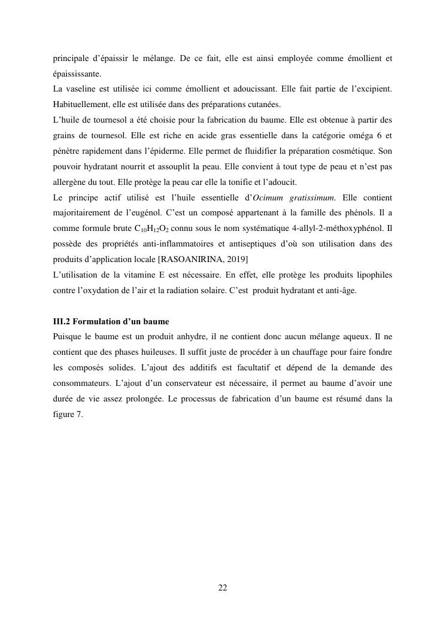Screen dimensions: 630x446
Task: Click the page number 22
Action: [x=223, y=588]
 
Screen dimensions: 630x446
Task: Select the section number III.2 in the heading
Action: [x=63, y=322]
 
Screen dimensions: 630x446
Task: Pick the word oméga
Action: [x=359, y=136]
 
